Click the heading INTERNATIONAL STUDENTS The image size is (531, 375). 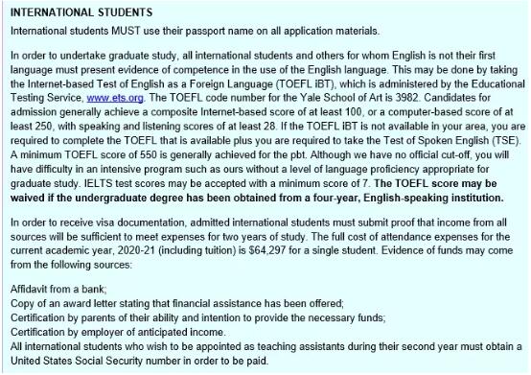[77, 12]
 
